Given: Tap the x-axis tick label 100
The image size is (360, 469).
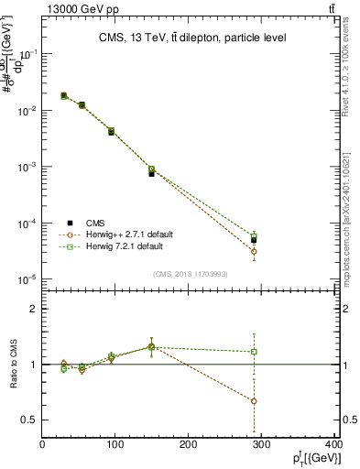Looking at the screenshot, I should coord(115,445).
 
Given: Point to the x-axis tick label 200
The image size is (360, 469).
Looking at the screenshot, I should coord(189,445).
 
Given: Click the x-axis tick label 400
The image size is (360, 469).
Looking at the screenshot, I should coord(333,445).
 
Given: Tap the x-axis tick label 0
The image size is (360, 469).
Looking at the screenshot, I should coord(42,445).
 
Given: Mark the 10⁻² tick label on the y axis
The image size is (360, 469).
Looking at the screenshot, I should coord(30,111).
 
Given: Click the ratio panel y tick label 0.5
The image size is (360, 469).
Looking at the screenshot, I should coord(29,420).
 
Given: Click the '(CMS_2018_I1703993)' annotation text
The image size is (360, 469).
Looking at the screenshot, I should coord(191,273).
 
